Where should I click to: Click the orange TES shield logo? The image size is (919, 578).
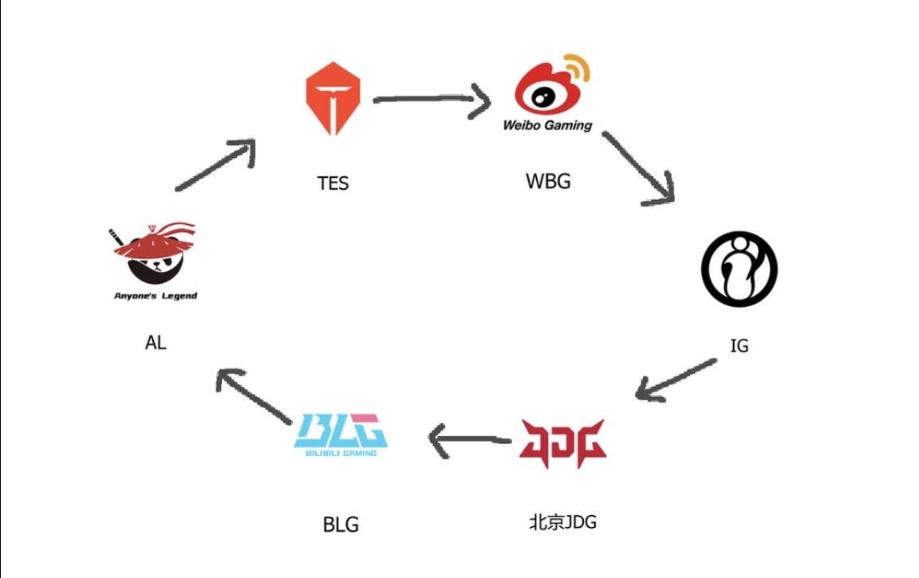[333, 98]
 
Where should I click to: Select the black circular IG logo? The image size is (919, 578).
[739, 269]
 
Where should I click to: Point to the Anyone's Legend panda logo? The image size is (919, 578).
[154, 255]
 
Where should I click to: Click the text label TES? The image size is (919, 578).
[333, 183]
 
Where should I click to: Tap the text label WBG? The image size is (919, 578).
[548, 181]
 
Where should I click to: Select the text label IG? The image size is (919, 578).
[740, 346]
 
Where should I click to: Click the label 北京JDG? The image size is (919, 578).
[562, 522]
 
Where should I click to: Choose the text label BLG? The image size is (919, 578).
[341, 525]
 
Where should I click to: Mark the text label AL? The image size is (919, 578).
[156, 343]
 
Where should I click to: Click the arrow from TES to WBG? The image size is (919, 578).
[431, 100]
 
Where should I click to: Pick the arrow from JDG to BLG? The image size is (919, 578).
[470, 438]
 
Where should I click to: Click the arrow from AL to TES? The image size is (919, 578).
[215, 165]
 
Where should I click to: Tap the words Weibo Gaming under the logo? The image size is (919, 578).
[547, 125]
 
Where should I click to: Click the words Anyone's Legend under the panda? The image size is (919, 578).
[155, 296]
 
